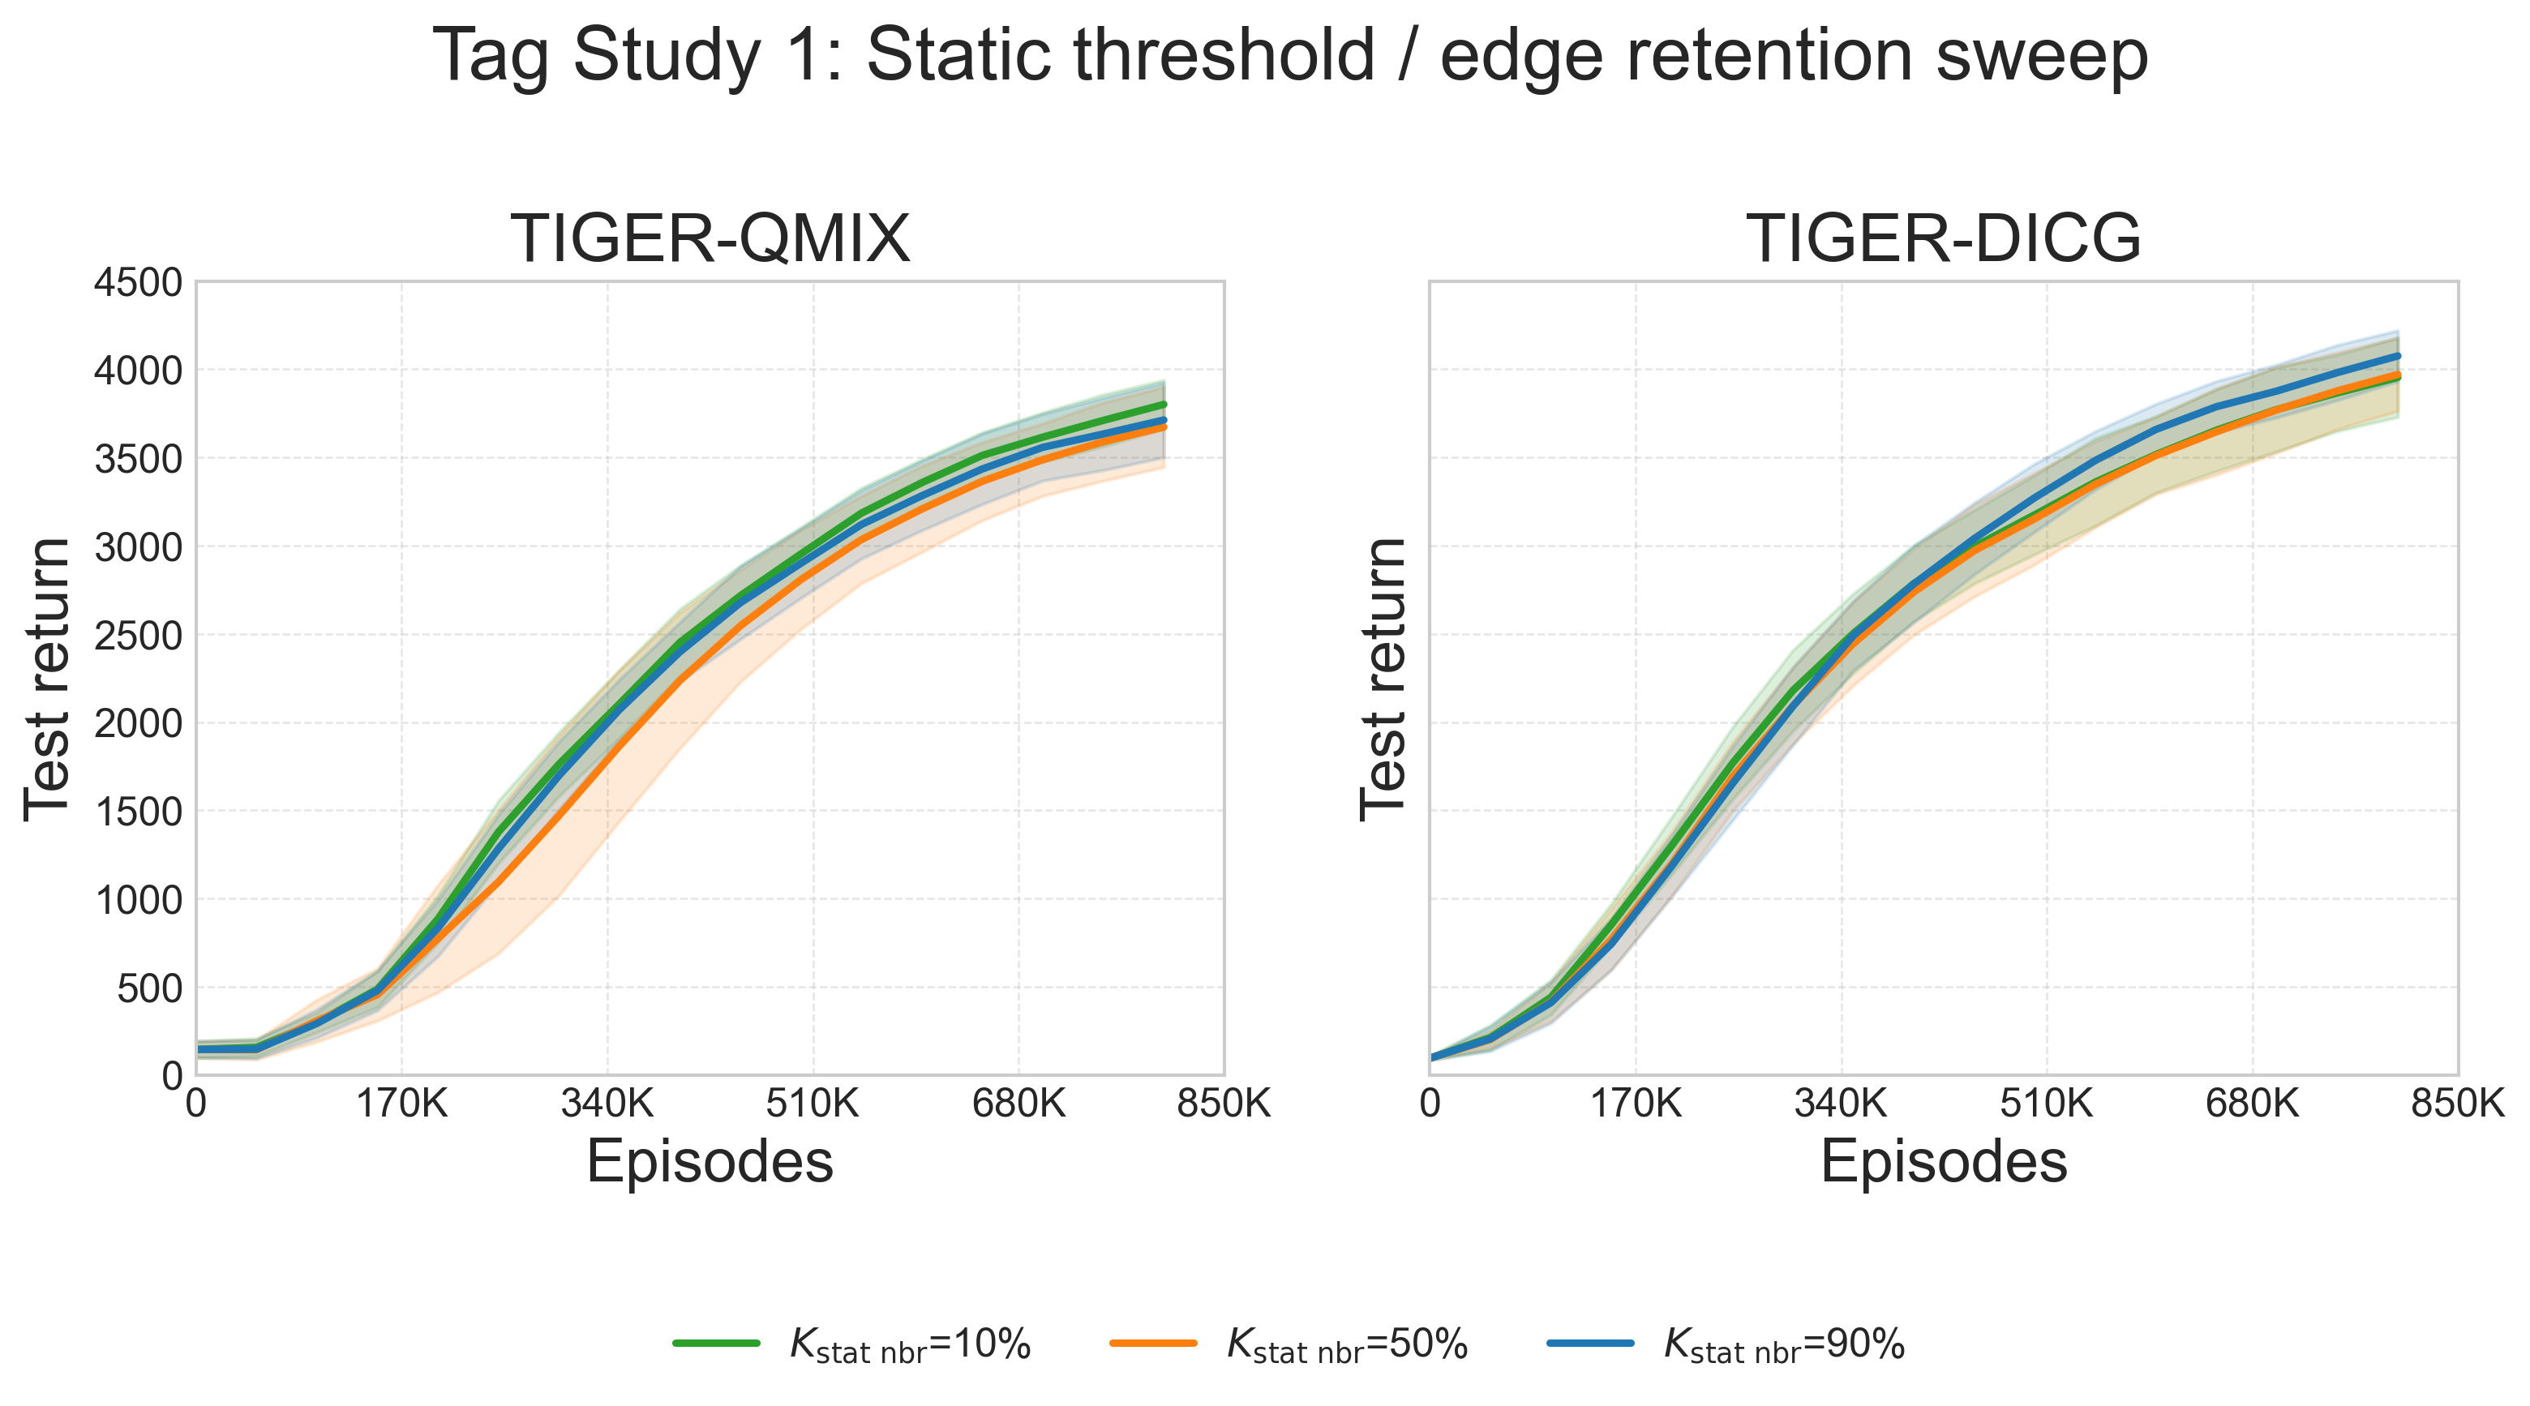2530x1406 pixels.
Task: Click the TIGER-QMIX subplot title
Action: pos(710,238)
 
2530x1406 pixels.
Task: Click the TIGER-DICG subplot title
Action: pos(1943,238)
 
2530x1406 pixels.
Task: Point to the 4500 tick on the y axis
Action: pos(138,283)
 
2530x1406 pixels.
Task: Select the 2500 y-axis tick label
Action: pos(138,635)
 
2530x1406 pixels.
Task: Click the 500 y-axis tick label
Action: pos(149,988)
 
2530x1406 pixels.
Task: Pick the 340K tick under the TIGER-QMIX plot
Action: pos(607,1104)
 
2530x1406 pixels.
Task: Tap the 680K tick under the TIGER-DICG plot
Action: pos(2251,1104)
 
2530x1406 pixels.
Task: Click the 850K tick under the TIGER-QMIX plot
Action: pos(1223,1104)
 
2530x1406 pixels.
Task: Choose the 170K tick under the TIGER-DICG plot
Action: pos(1636,1104)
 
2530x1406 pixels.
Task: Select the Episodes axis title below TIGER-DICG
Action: pos(1943,1163)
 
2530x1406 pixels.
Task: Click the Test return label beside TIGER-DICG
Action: pos(1383,679)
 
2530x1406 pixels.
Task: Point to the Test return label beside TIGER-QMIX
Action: pos(47,679)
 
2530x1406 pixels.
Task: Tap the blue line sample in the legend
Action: pos(1590,1342)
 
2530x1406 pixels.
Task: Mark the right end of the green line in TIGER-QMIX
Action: pos(1163,405)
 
